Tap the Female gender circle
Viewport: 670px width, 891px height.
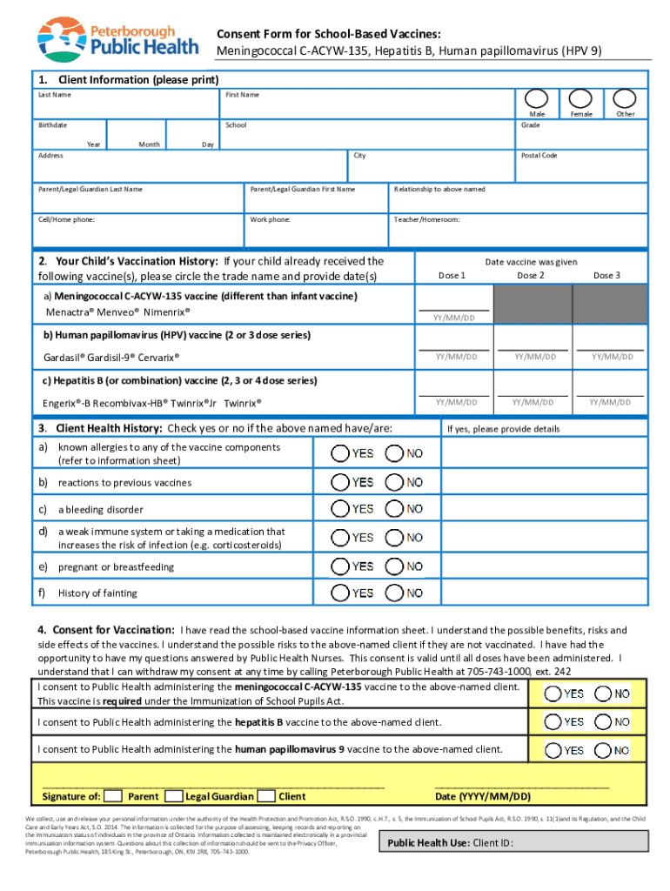581,99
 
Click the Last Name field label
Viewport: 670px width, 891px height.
54,94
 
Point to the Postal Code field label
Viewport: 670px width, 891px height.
539,156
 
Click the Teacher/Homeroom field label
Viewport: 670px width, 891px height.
426,219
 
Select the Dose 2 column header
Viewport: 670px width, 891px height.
531,276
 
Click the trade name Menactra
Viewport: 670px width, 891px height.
66,311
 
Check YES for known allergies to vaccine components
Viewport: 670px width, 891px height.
340,453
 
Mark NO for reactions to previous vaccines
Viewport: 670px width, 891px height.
394,482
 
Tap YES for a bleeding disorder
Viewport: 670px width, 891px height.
340,509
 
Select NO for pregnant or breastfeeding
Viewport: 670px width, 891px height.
394,566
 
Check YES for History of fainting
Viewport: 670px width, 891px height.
340,593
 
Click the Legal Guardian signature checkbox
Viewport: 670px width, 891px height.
174,795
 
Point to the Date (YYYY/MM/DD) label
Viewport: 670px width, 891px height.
482,796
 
